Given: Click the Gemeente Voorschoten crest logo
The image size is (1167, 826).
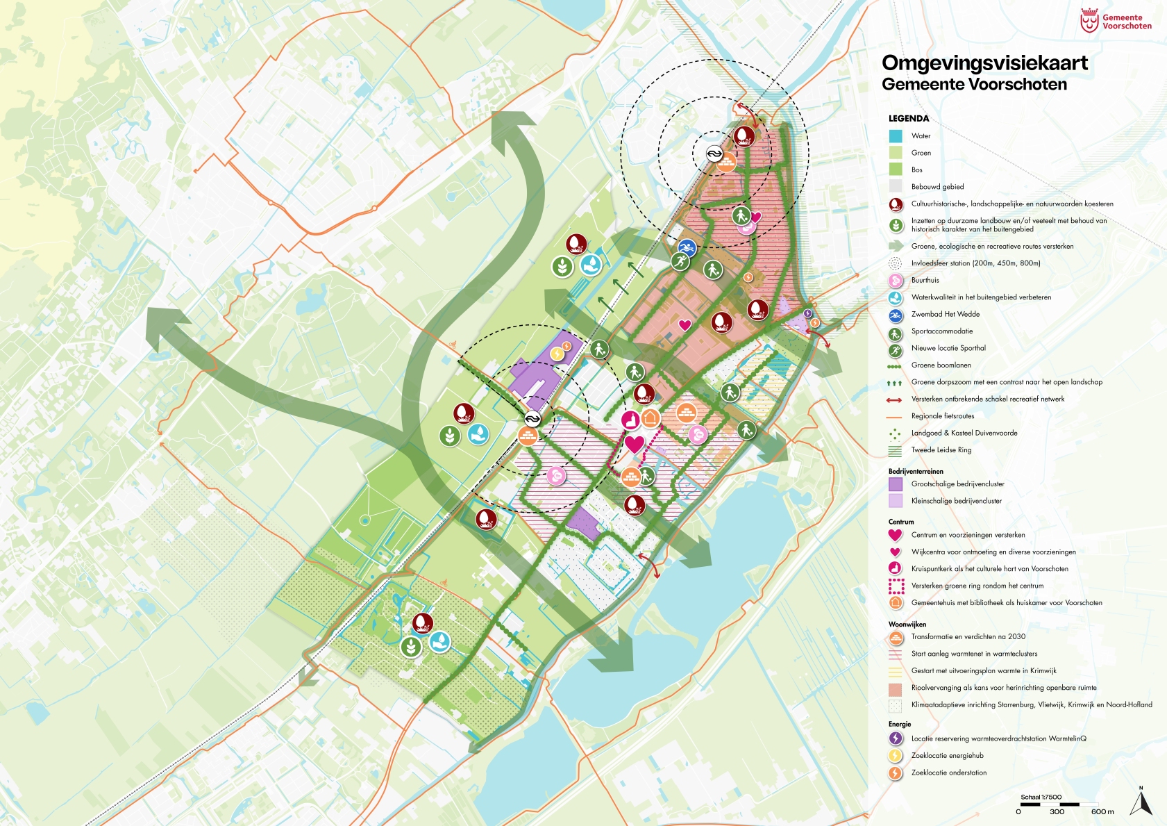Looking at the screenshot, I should (x=1089, y=21).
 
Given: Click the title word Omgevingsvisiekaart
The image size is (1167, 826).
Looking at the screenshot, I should (x=984, y=63).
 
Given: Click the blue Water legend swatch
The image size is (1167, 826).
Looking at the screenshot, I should (x=896, y=136).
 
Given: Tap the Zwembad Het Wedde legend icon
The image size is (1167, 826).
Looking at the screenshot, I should (x=896, y=315).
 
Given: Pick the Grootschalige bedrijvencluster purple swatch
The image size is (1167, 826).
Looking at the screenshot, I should (x=896, y=484).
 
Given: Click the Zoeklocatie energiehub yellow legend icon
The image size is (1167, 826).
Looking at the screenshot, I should (x=896, y=756).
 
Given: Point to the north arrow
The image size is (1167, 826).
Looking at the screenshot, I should (x=1141, y=802).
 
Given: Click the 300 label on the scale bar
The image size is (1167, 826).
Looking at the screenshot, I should (x=1057, y=811).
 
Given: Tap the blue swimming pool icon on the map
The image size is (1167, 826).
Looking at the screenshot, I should (x=687, y=248).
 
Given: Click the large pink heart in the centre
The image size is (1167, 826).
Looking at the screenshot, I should (x=634, y=444).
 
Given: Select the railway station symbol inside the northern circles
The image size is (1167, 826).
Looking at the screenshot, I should (x=714, y=154).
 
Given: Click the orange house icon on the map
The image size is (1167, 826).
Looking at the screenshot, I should (x=650, y=418).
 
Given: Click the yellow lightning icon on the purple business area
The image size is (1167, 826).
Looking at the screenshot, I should (x=557, y=354).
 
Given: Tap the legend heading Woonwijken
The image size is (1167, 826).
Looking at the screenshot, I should (x=907, y=625).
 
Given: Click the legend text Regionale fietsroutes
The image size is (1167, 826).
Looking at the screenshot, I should (x=942, y=416).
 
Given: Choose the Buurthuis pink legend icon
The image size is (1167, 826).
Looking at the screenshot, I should (x=896, y=281).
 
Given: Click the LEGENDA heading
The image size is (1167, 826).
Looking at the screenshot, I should (x=908, y=119).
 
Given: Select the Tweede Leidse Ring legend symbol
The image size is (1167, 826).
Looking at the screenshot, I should (x=896, y=450).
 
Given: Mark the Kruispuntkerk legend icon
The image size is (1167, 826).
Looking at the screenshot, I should (x=896, y=569).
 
